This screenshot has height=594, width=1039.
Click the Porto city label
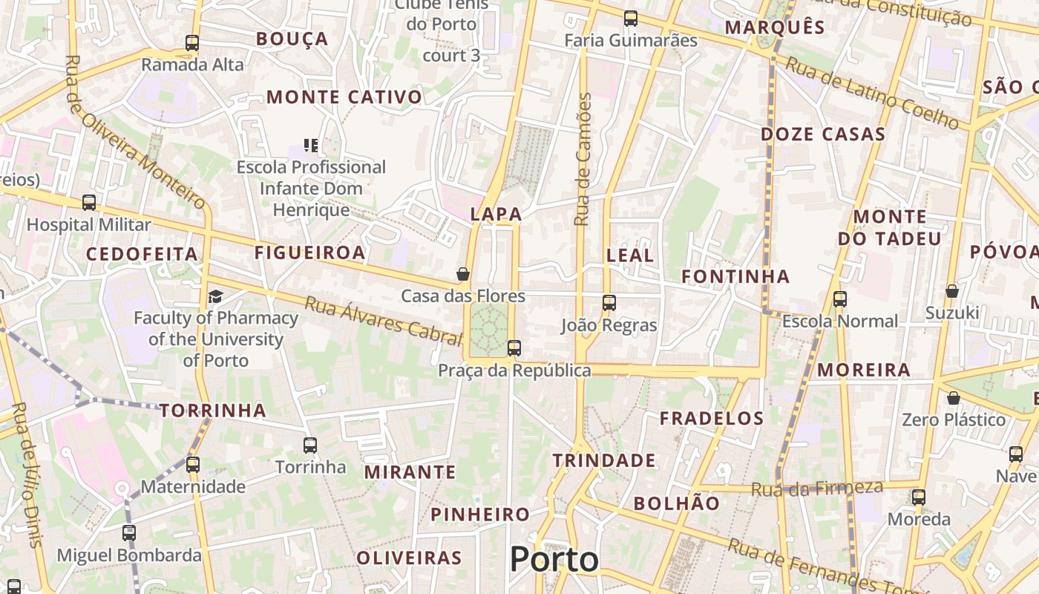click(554, 559)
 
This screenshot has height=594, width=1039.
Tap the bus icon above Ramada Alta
click(192, 43)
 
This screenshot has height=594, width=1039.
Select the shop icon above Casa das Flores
click(463, 274)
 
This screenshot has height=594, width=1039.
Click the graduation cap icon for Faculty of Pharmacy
click(215, 297)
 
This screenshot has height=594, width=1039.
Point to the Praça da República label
click(514, 371)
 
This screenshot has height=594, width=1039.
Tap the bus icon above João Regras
click(609, 302)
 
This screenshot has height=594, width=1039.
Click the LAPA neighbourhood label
click(496, 215)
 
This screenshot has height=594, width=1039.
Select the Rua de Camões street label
click(584, 159)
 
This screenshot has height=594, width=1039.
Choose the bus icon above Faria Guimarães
click(631, 19)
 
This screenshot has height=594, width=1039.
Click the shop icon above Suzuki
click(952, 291)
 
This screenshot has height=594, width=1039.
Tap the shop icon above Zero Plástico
click(954, 399)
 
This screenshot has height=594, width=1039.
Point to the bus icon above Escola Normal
click(840, 299)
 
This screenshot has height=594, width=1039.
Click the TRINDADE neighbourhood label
click(604, 461)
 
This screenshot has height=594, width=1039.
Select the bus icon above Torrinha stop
click(310, 446)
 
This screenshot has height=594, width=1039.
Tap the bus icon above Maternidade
click(193, 465)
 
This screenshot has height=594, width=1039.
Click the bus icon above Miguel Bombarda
click(129, 532)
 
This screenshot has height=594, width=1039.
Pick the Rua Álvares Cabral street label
click(384, 320)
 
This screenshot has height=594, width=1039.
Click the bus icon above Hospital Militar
click(89, 203)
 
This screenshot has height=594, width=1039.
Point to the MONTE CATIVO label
click(344, 97)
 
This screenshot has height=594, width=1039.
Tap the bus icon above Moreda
click(919, 497)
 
